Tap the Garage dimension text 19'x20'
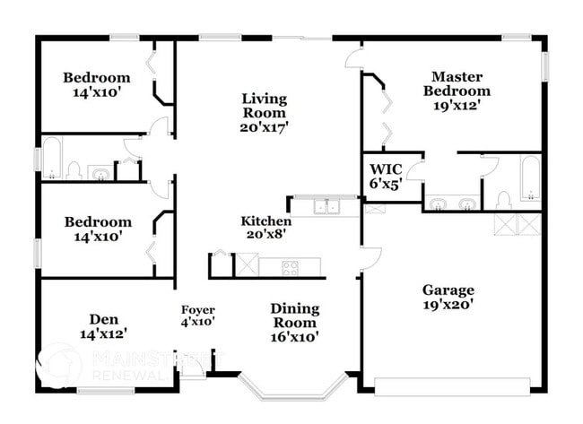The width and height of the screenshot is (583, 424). pos(448,305)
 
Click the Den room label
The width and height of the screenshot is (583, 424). pos(101,318)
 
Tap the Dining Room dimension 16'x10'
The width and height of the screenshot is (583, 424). pos(293,337)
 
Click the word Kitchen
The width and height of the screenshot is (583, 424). pos(265,221)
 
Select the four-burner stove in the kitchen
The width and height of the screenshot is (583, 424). pos(291,266)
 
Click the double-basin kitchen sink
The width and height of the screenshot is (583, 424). pos(326,206)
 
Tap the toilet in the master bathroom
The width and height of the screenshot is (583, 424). pos(503,199)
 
